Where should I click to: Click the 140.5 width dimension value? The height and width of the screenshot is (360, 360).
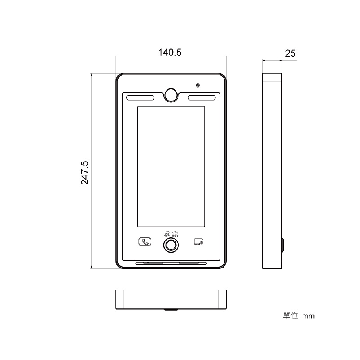tap(170, 53)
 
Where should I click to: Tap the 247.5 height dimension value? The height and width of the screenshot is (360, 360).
tap(85, 173)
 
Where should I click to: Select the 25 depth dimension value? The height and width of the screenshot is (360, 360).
tap(290, 53)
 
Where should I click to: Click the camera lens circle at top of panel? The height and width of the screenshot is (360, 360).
tap(171, 94)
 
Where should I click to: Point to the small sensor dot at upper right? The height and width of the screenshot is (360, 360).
tap(198, 85)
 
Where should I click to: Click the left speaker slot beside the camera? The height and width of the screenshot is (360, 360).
tap(140, 98)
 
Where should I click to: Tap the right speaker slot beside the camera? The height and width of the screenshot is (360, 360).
tap(202, 98)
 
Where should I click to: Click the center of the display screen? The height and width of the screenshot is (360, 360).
tap(171, 167)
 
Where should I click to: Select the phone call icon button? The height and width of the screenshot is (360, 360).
tap(145, 242)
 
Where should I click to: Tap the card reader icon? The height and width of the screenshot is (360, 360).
tap(198, 242)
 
